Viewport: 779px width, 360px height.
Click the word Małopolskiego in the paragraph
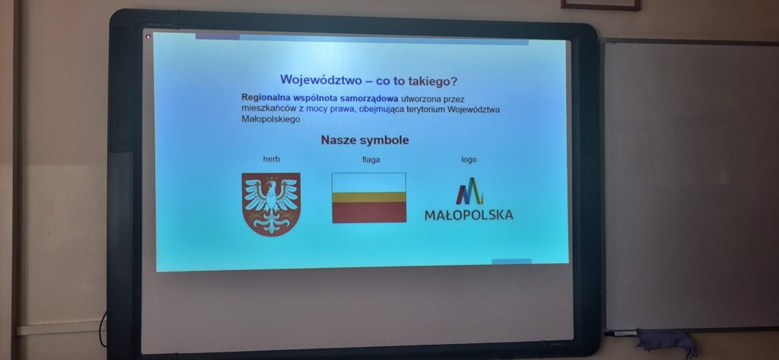coord(271,119)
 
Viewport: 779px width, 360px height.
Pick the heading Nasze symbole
coord(364,140)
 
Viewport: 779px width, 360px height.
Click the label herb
coord(272,159)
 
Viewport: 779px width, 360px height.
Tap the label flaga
coord(371,160)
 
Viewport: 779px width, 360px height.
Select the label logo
coord(469,160)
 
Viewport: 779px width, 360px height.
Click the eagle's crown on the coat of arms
coord(272,179)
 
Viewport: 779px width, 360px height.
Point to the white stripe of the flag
coord(369,183)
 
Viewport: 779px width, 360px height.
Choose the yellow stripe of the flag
coord(369,197)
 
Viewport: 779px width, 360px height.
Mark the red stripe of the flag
coord(369,212)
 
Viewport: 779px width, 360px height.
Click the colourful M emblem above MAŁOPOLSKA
coord(469,191)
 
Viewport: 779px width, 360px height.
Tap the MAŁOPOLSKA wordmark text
coord(469,215)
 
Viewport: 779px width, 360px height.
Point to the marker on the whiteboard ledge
coord(621,333)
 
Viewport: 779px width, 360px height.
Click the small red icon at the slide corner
coord(148,37)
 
